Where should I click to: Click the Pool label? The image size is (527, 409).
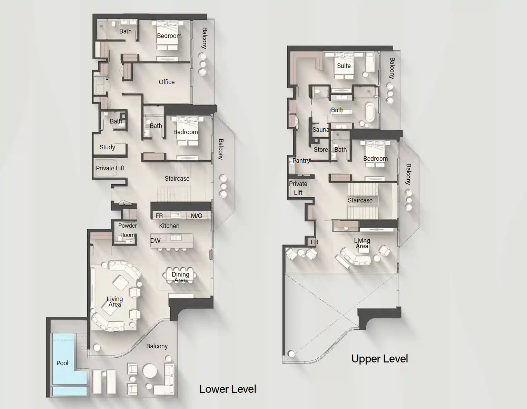tap(62, 363)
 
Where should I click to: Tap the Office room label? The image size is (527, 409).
tap(167, 82)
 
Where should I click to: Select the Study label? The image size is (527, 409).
tap(107, 147)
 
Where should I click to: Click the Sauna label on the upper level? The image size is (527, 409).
tap(321, 130)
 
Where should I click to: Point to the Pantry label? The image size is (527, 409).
tap(301, 161)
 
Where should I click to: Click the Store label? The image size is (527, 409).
tap(321, 150)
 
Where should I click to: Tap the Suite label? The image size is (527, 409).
tap(344, 66)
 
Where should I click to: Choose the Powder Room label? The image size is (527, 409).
tap(127, 230)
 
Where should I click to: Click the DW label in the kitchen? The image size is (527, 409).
tap(156, 241)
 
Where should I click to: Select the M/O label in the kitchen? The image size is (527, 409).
tap(197, 216)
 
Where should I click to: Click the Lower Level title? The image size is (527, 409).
tap(228, 389)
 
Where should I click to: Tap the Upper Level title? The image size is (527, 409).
tap(379, 359)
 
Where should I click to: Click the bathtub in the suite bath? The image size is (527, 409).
tap(370, 111)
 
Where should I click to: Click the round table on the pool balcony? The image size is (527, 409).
tap(150, 371)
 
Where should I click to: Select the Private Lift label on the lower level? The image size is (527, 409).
tap(110, 168)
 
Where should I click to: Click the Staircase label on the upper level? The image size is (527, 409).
tap(360, 200)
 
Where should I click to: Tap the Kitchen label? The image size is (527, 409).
tap(169, 226)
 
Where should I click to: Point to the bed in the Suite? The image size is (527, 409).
tap(344, 64)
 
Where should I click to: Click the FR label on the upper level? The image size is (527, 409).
tap(314, 242)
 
